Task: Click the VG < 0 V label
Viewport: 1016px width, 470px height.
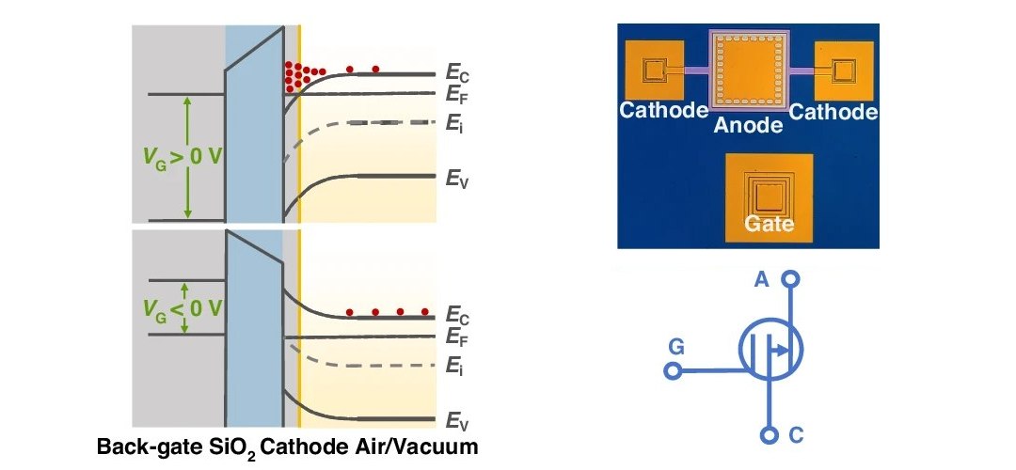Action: point(184,309)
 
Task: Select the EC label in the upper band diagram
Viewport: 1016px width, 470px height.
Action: point(457,73)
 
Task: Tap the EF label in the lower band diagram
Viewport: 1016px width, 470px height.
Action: point(457,338)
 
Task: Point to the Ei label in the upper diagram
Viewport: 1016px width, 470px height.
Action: point(452,122)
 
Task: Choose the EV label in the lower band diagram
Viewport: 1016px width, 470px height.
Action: point(457,421)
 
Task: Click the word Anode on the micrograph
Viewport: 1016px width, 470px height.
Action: point(748,124)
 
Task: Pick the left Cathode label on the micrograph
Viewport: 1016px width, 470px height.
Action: point(664,110)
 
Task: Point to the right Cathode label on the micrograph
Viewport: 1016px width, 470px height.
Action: point(833,112)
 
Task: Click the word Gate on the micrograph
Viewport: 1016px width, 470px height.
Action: point(770,224)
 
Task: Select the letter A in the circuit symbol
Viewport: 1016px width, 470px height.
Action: point(762,280)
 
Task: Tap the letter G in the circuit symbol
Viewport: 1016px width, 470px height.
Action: point(675,349)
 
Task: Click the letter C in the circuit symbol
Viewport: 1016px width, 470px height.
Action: point(797,435)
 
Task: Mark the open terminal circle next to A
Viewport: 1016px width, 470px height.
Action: point(790,279)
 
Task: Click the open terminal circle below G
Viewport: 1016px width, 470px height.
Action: point(674,371)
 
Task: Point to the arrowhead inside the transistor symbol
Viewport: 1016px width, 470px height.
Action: point(783,351)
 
